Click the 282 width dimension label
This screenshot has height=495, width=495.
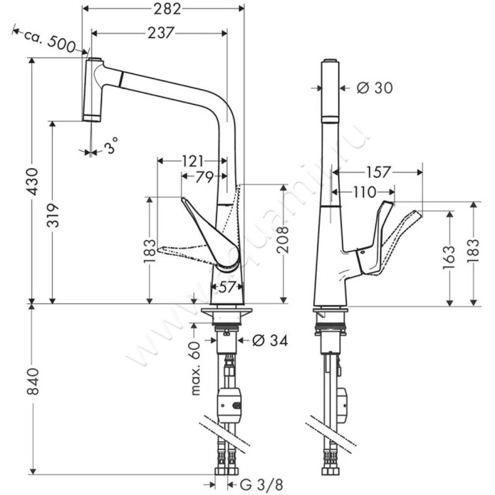coord(166,9)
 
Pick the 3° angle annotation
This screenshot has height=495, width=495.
coord(111,147)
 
